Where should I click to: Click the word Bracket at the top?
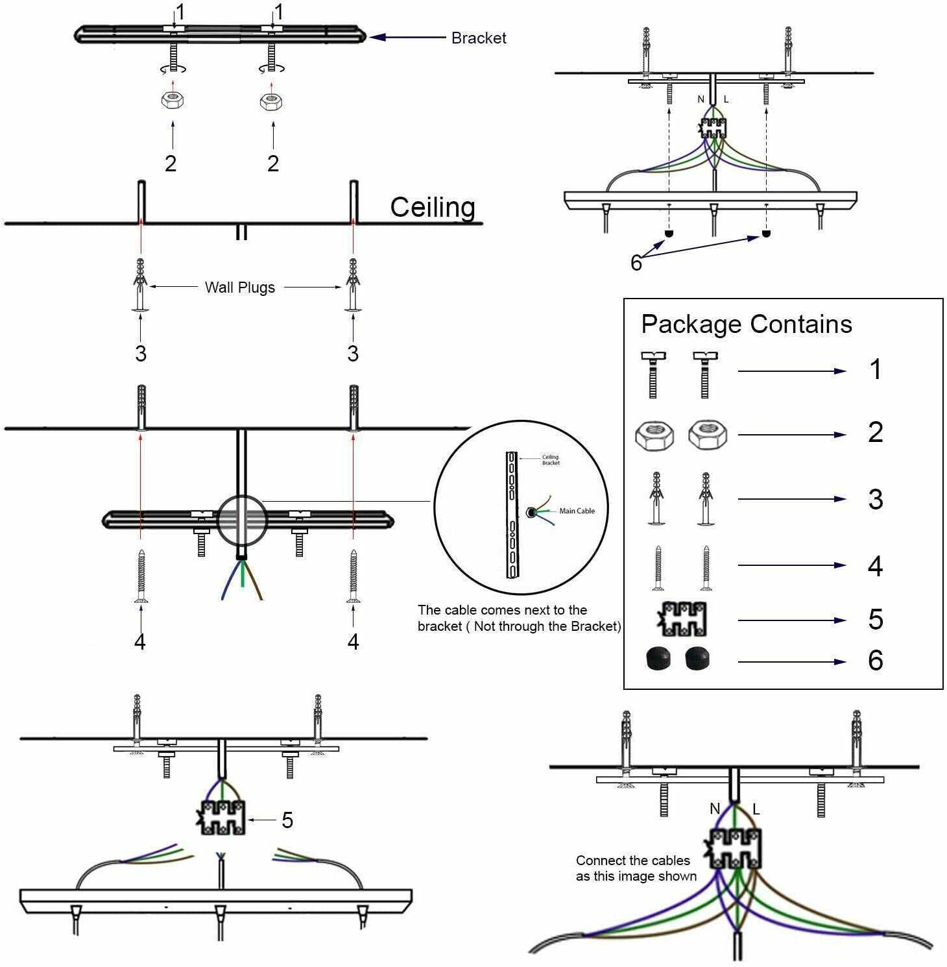[x=479, y=38]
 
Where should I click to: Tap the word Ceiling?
[x=433, y=208]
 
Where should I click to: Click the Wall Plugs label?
[x=240, y=288]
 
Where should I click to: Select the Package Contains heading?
[x=747, y=324]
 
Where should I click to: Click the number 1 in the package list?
[x=876, y=370]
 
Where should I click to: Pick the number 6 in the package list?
[x=876, y=661]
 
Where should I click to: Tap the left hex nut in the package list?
[x=654, y=435]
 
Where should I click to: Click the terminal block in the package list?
[x=682, y=619]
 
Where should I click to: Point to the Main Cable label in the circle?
[x=577, y=511]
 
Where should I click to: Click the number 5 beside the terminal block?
[x=287, y=820]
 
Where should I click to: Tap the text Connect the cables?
[x=633, y=861]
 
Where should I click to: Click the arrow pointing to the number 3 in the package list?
[x=792, y=499]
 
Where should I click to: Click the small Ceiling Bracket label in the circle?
[x=551, y=459]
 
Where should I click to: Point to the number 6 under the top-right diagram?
[x=636, y=263]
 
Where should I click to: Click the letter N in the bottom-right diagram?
[x=715, y=809]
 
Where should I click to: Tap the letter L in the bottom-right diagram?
[x=756, y=809]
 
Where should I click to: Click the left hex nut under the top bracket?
[x=173, y=101]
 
